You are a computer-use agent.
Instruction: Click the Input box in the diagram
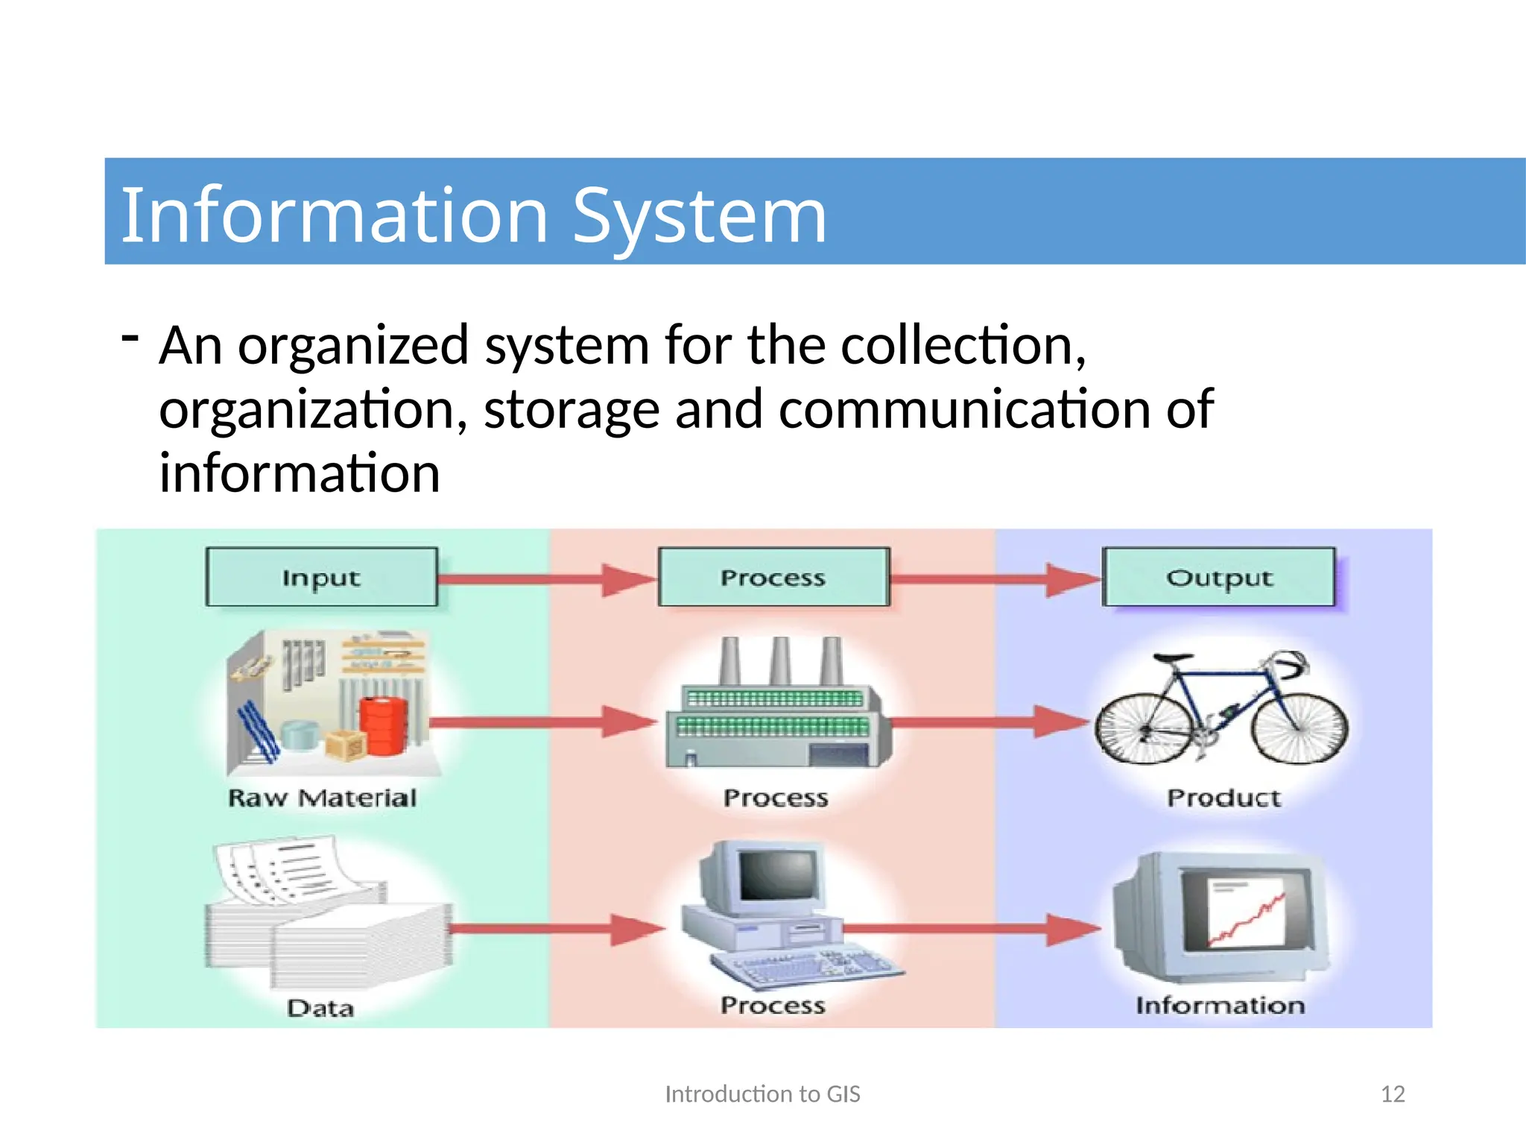pos(321,578)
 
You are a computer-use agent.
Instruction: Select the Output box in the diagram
pos(1219,578)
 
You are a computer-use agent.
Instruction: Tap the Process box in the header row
pos(773,578)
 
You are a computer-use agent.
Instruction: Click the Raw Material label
pos(322,798)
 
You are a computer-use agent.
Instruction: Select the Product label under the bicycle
pos(1223,798)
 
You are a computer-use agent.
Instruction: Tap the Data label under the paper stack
pos(320,1009)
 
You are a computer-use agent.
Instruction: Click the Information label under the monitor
pos(1220,1006)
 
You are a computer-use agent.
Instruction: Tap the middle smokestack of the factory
pos(780,661)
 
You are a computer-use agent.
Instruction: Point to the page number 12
pos(1393,1094)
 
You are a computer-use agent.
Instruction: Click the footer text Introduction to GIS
pos(762,1094)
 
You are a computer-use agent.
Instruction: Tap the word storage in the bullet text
pos(572,410)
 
